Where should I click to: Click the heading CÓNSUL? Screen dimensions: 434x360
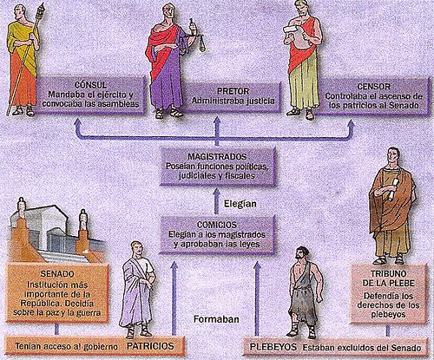point(90,85)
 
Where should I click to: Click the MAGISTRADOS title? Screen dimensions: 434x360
point(217,157)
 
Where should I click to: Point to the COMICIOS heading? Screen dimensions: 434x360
point(217,225)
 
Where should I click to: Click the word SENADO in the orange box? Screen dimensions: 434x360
point(57,274)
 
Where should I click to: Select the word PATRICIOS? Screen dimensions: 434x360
point(150,346)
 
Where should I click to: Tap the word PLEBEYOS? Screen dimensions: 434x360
point(273,347)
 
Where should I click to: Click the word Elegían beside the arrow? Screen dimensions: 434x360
point(240,204)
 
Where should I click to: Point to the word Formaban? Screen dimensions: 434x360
point(216,319)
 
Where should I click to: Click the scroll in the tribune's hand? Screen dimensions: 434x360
point(392,189)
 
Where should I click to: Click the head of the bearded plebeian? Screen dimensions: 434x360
point(301,255)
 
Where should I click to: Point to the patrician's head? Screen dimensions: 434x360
point(136,249)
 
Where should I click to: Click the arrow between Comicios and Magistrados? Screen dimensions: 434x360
point(216,201)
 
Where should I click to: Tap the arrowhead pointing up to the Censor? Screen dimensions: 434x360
point(351,124)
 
